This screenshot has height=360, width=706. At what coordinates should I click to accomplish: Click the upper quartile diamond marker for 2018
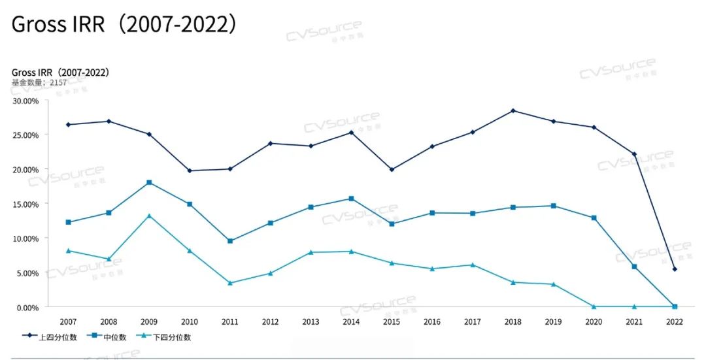513,110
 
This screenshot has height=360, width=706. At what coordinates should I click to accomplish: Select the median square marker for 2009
149,182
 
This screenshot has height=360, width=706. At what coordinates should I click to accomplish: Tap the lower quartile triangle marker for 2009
149,216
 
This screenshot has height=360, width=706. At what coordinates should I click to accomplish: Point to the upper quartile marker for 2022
675,269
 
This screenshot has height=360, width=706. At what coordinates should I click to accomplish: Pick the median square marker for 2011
230,241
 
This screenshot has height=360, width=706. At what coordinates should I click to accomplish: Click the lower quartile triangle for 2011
230,283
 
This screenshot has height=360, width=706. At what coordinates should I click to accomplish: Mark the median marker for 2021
634,267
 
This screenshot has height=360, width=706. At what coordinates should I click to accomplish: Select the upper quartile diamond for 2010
190,171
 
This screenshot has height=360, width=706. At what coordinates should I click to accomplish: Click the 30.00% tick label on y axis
26,101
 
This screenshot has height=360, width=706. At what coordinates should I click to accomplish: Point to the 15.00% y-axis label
26,204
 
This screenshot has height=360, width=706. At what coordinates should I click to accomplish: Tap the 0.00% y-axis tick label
28,307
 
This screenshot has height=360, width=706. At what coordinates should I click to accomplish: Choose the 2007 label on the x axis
68,322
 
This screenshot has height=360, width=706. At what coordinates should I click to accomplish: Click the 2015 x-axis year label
392,322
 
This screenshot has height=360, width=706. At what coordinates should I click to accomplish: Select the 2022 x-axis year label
675,322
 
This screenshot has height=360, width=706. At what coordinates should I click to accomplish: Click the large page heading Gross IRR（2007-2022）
124,25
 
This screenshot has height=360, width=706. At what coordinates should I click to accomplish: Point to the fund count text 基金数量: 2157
39,83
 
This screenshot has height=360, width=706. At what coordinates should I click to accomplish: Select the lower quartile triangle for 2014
351,252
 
